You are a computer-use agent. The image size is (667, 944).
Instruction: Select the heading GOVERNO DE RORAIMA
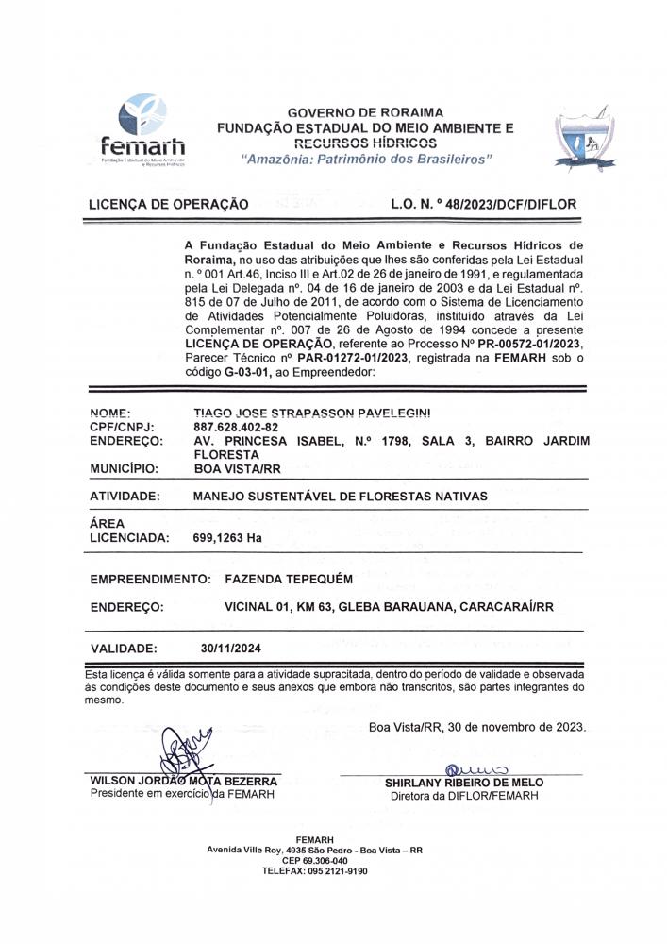click(365, 111)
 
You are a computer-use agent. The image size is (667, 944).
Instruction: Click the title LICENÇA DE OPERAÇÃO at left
click(168, 204)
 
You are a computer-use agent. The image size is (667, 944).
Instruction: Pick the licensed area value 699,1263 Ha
click(227, 538)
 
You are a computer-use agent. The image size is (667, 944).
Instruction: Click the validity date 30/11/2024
click(231, 649)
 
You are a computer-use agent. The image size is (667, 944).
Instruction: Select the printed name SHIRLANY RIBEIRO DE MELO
click(464, 783)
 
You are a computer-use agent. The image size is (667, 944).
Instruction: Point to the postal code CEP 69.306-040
click(314, 860)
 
